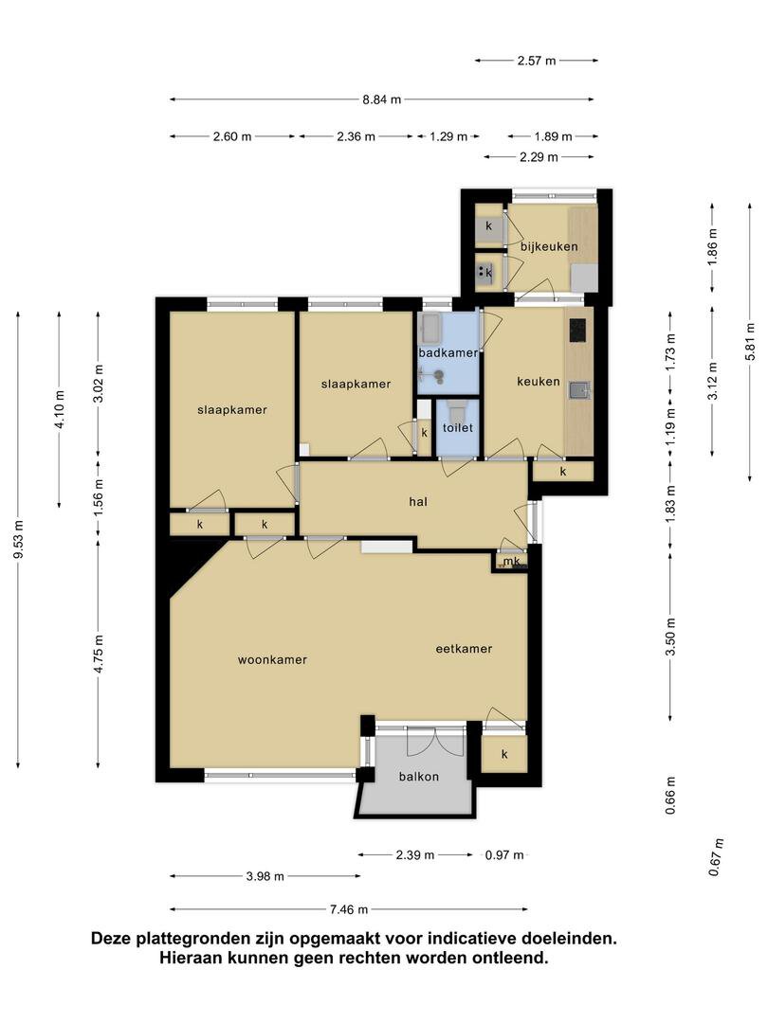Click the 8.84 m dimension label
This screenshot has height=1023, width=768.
pyautogui.click(x=382, y=99)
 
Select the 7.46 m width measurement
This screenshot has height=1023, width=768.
pyautogui.click(x=349, y=908)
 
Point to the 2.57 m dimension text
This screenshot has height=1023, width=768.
pyautogui.click(x=537, y=61)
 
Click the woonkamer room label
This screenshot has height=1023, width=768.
pyautogui.click(x=272, y=659)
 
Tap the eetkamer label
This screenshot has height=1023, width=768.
pyautogui.click(x=464, y=649)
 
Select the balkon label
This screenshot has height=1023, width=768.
pyautogui.click(x=419, y=777)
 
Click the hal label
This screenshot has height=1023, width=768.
pyautogui.click(x=418, y=501)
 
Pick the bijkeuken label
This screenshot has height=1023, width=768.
pyautogui.click(x=549, y=246)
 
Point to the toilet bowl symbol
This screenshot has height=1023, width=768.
pyautogui.click(x=456, y=411)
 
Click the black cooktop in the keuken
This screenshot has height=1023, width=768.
pyautogui.click(x=578, y=331)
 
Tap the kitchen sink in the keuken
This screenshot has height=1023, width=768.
pyautogui.click(x=579, y=390)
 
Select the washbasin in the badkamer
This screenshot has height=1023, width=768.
pyautogui.click(x=430, y=329)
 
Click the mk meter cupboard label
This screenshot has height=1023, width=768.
pyautogui.click(x=511, y=561)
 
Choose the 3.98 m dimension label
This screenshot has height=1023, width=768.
pyautogui.click(x=265, y=876)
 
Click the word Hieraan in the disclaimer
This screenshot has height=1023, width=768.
pyautogui.click(x=186, y=958)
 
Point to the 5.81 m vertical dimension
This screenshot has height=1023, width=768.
pyautogui.click(x=751, y=343)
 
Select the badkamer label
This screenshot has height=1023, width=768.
pyautogui.click(x=448, y=352)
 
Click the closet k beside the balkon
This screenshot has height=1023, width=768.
pyautogui.click(x=504, y=754)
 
